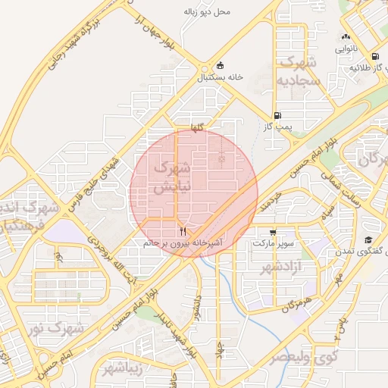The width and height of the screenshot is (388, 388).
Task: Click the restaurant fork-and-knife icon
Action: click(x=182, y=230)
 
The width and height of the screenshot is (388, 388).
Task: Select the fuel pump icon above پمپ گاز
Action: click(x=277, y=116)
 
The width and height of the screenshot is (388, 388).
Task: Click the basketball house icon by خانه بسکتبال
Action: click(x=221, y=65)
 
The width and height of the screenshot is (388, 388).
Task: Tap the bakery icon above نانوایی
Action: click(x=346, y=36)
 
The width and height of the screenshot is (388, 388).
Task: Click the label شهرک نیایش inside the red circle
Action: click(x=168, y=177)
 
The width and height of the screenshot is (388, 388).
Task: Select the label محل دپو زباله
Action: click(x=207, y=12)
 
